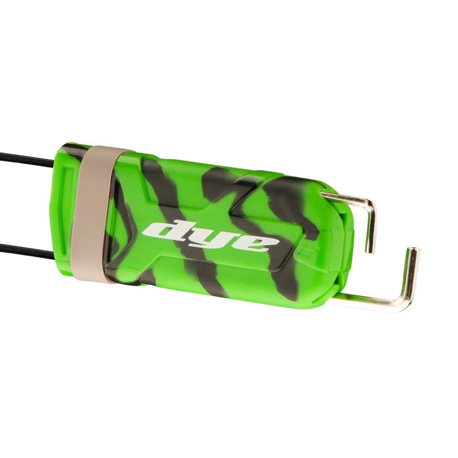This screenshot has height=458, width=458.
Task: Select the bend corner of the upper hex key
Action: coord(370,204)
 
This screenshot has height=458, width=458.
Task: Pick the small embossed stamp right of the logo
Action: coord(304,250)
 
